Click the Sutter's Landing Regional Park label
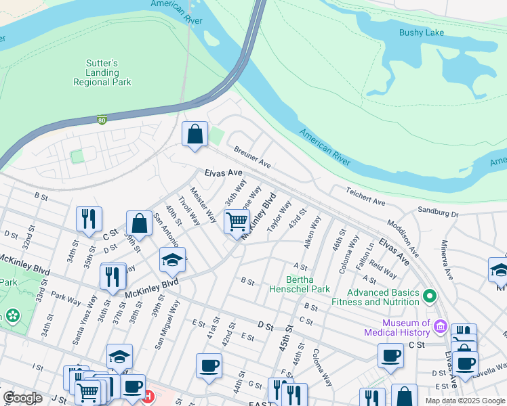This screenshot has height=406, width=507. tap(102, 72)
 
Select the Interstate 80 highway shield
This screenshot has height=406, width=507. tap(102, 120)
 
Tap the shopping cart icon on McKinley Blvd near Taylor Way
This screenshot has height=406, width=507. tap(237, 221)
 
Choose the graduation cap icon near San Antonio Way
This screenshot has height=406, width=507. tap(172, 259)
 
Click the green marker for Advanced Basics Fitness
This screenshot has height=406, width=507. tap(429, 296)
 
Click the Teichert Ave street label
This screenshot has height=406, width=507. tap(365, 198)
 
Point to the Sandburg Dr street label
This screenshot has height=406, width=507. tap(438, 212)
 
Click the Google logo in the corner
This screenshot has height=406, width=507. tap(23, 398)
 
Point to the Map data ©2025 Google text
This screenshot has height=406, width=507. tap(465, 401)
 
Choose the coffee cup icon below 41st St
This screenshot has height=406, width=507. tap(209, 365)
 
